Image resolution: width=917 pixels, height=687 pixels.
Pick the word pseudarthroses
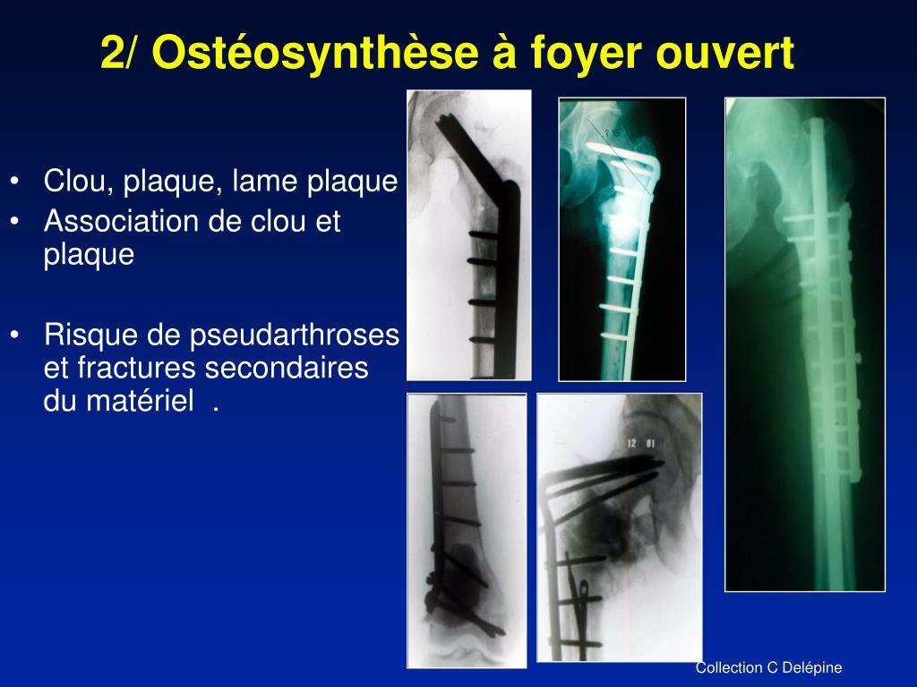[295, 336]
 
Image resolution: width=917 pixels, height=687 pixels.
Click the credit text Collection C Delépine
[769, 667]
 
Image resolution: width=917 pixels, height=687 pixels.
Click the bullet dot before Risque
[17, 336]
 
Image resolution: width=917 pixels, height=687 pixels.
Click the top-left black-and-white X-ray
[468, 234]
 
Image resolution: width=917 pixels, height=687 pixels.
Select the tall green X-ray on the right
[804, 344]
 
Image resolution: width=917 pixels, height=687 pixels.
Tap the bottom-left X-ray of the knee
[466, 530]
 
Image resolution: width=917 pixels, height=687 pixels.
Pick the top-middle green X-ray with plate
[621, 239]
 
